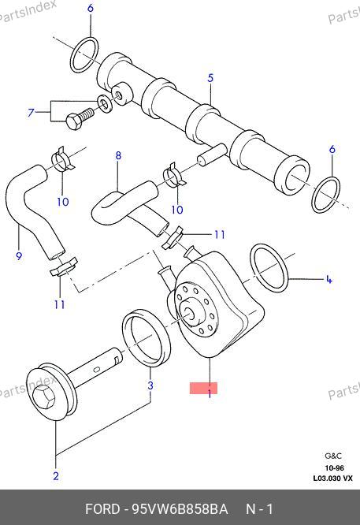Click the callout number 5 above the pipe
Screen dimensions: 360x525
tap(210, 78)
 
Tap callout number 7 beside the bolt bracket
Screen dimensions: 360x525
tap(31, 112)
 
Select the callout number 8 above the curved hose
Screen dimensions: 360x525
tap(118, 156)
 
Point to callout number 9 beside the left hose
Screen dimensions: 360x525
tap(19, 256)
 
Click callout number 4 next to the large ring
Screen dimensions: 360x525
tap(329, 279)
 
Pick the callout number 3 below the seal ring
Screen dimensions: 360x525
tap(150, 385)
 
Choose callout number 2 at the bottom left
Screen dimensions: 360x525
tap(56, 475)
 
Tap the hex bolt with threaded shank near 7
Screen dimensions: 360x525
tap(80, 118)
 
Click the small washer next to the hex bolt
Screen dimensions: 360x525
tap(105, 103)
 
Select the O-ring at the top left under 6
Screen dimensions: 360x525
tap(84, 54)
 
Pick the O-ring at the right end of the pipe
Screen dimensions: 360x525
tap(325, 195)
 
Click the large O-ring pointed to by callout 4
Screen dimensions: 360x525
tap(270, 268)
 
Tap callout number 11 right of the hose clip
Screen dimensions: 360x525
tap(220, 234)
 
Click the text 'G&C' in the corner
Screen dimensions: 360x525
tap(333, 456)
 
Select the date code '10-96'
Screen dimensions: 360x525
tap(334, 467)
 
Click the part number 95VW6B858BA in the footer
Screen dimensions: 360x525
tap(180, 509)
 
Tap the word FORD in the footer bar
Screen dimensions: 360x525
tap(102, 509)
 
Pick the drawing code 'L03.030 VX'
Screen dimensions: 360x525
tap(333, 478)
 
